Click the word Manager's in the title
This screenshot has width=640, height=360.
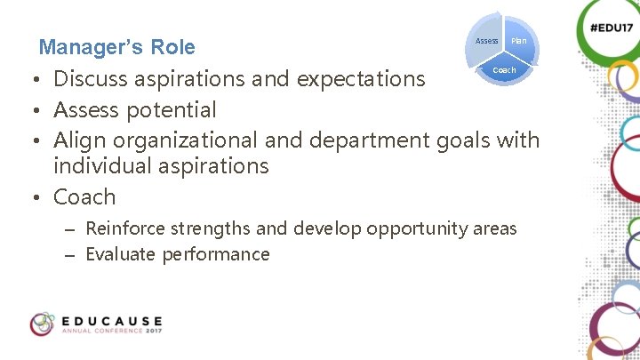(91, 46)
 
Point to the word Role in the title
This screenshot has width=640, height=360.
(172, 46)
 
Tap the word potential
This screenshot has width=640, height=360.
(172, 110)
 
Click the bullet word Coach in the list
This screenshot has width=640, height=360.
(84, 196)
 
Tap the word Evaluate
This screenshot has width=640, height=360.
(121, 254)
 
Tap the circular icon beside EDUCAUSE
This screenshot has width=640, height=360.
(42, 324)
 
